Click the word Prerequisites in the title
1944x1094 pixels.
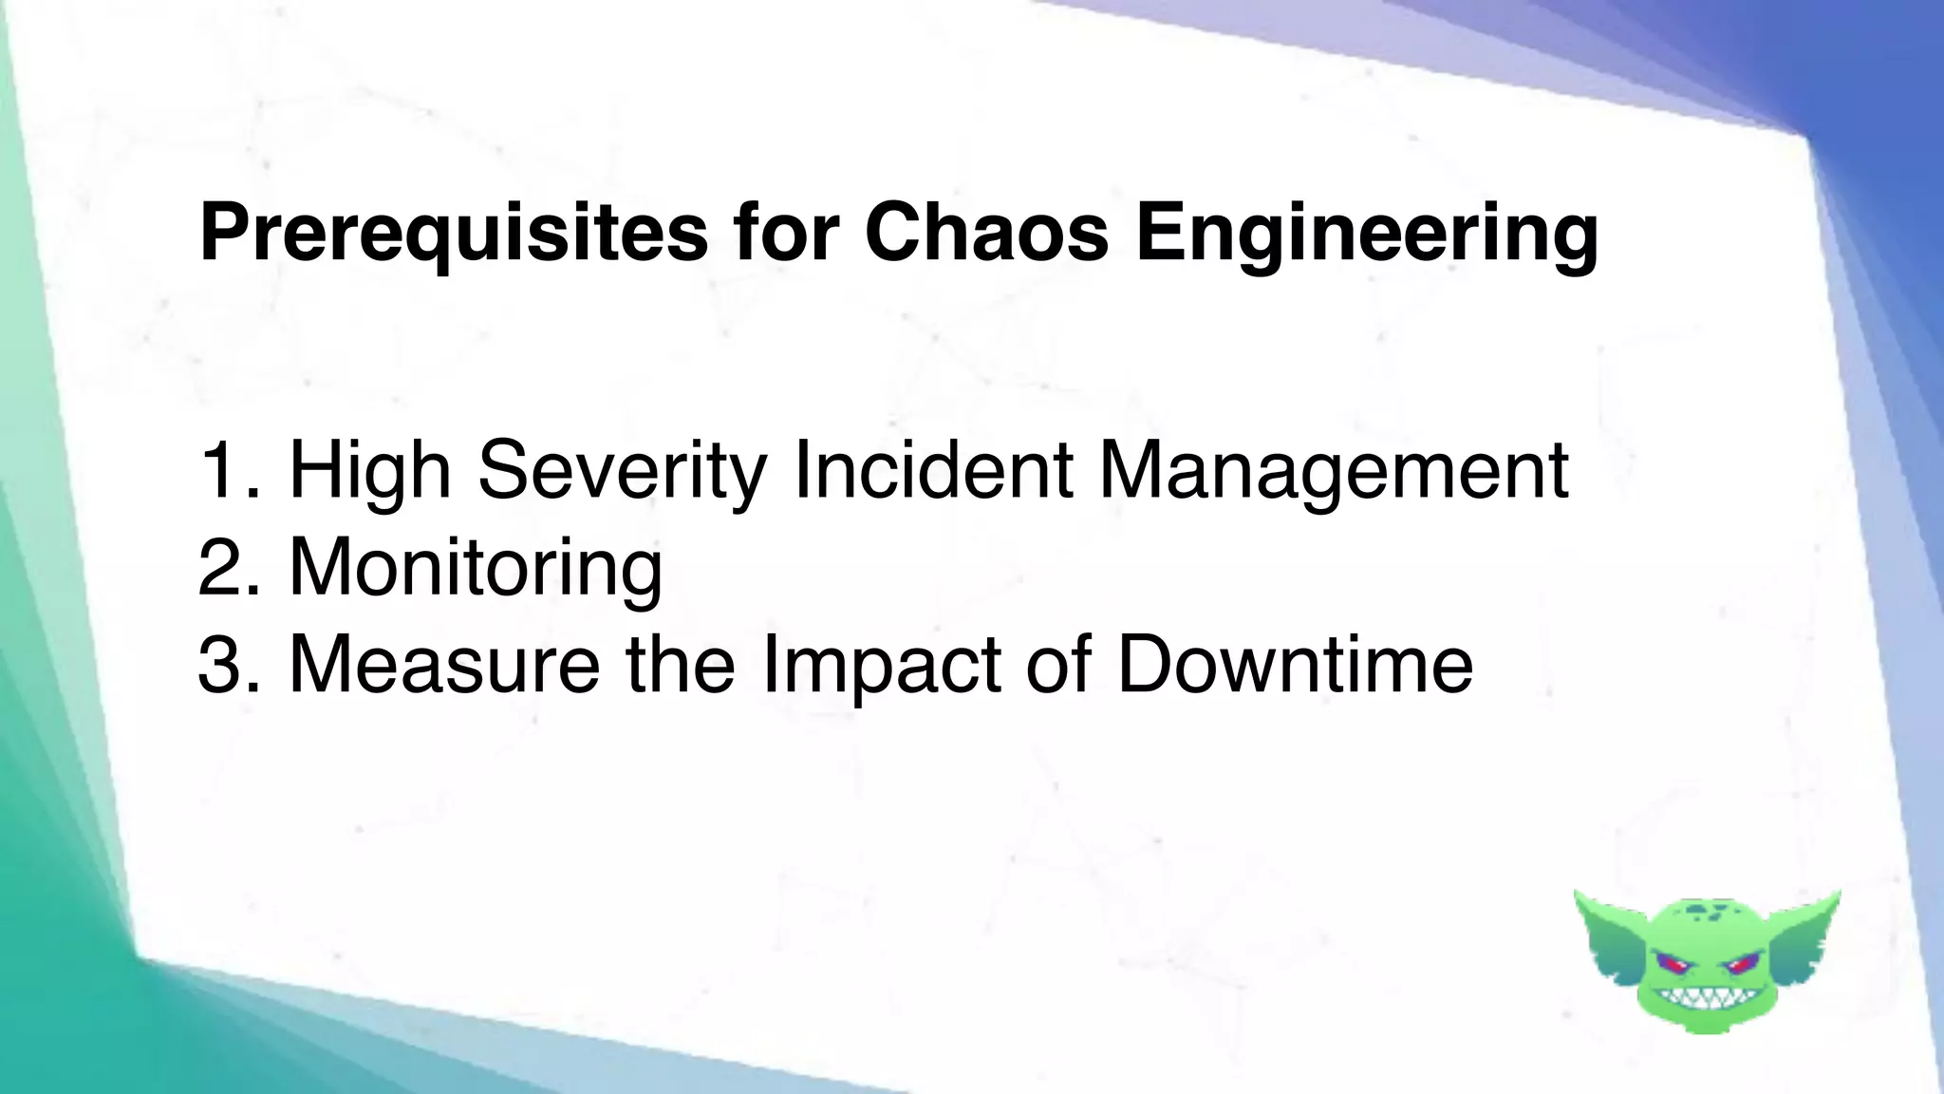[x=453, y=233]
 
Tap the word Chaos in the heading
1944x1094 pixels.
[x=986, y=233]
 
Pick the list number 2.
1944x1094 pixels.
[x=225, y=567]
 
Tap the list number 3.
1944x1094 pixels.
[x=225, y=664]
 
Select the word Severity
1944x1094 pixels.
[x=622, y=470]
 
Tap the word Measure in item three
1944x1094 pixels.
[x=443, y=664]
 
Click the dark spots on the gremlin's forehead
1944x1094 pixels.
[x=1709, y=914]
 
